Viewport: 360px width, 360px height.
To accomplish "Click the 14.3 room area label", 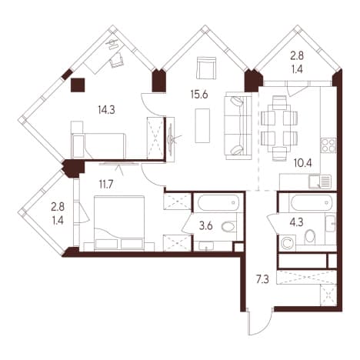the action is pyautogui.click(x=106, y=110).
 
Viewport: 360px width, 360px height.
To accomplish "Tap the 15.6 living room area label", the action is pyautogui.click(x=199, y=95).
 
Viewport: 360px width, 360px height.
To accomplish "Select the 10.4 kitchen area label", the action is pyautogui.click(x=303, y=163).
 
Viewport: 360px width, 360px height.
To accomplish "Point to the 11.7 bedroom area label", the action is pyautogui.click(x=106, y=184).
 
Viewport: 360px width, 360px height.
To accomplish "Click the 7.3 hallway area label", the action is pyautogui.click(x=262, y=279).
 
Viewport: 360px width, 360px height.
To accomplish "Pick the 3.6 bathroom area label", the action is pyautogui.click(x=206, y=226).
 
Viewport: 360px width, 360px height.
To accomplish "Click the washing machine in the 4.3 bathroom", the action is pyautogui.click(x=287, y=243).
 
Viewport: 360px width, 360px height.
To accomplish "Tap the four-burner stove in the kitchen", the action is pyautogui.click(x=328, y=145).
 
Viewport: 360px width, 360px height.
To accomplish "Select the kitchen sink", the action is pyautogui.click(x=320, y=182).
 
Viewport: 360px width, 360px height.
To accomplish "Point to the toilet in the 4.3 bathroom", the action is pyautogui.click(x=309, y=237).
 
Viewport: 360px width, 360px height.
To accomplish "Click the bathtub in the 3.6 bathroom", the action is pyautogui.click(x=218, y=202).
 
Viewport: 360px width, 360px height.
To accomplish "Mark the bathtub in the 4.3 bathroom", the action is pyautogui.click(x=312, y=202).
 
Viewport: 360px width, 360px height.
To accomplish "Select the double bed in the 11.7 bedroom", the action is pyautogui.click(x=119, y=223).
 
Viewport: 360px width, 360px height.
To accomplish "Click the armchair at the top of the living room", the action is pyautogui.click(x=205, y=68).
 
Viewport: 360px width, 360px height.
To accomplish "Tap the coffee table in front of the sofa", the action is pyautogui.click(x=202, y=125).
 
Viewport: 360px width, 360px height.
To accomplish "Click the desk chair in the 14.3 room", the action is pyautogui.click(x=116, y=60).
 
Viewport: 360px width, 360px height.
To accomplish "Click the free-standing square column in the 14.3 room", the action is pyautogui.click(x=78, y=85).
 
